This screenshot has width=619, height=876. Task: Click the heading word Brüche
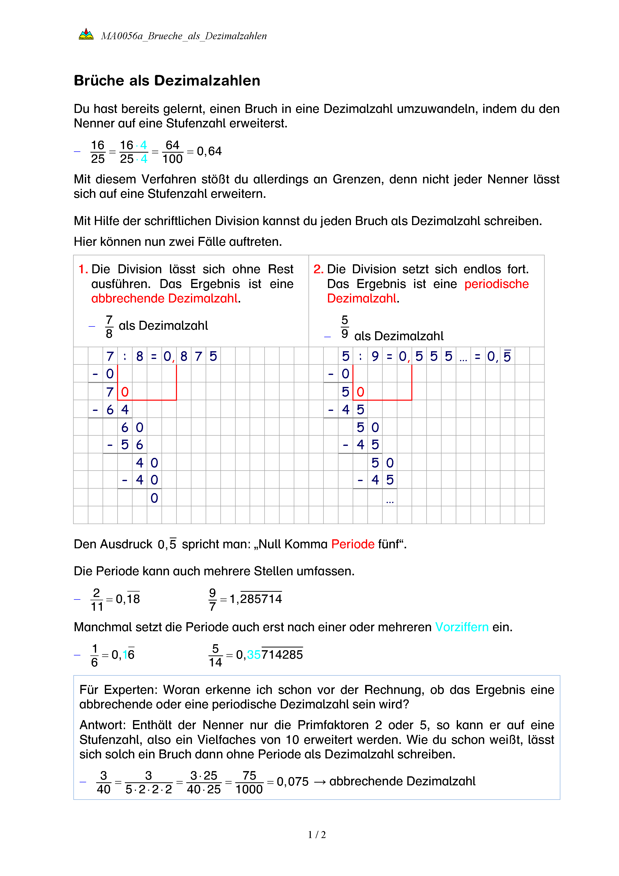point(99,81)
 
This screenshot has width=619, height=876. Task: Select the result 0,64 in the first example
point(209,151)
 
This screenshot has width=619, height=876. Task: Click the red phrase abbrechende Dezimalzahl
point(165,298)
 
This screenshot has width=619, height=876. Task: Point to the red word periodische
point(496,284)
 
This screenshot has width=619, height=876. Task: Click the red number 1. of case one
point(83,269)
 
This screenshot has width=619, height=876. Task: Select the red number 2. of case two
point(318,269)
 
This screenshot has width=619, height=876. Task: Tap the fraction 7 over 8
point(109,326)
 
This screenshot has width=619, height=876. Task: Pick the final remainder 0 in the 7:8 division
point(154,498)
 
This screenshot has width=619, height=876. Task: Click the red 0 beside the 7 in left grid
point(125,392)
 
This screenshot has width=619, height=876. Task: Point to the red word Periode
point(353,544)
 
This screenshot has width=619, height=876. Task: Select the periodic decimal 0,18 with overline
point(128,599)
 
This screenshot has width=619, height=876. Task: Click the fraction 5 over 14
point(215,655)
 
